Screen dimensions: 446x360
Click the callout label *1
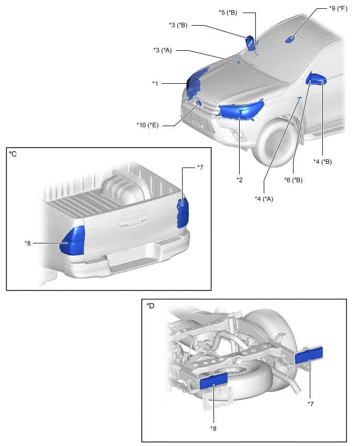[x=155, y=83]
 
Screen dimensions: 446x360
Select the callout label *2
[x=239, y=180]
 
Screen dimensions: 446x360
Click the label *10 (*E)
[x=148, y=125]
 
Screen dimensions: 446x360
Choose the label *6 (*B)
[x=292, y=180]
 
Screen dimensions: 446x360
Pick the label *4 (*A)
[x=264, y=198]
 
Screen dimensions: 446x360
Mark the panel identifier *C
[x=13, y=153]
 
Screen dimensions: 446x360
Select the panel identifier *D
[x=151, y=305]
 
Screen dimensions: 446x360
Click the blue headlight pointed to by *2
[x=241, y=110]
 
